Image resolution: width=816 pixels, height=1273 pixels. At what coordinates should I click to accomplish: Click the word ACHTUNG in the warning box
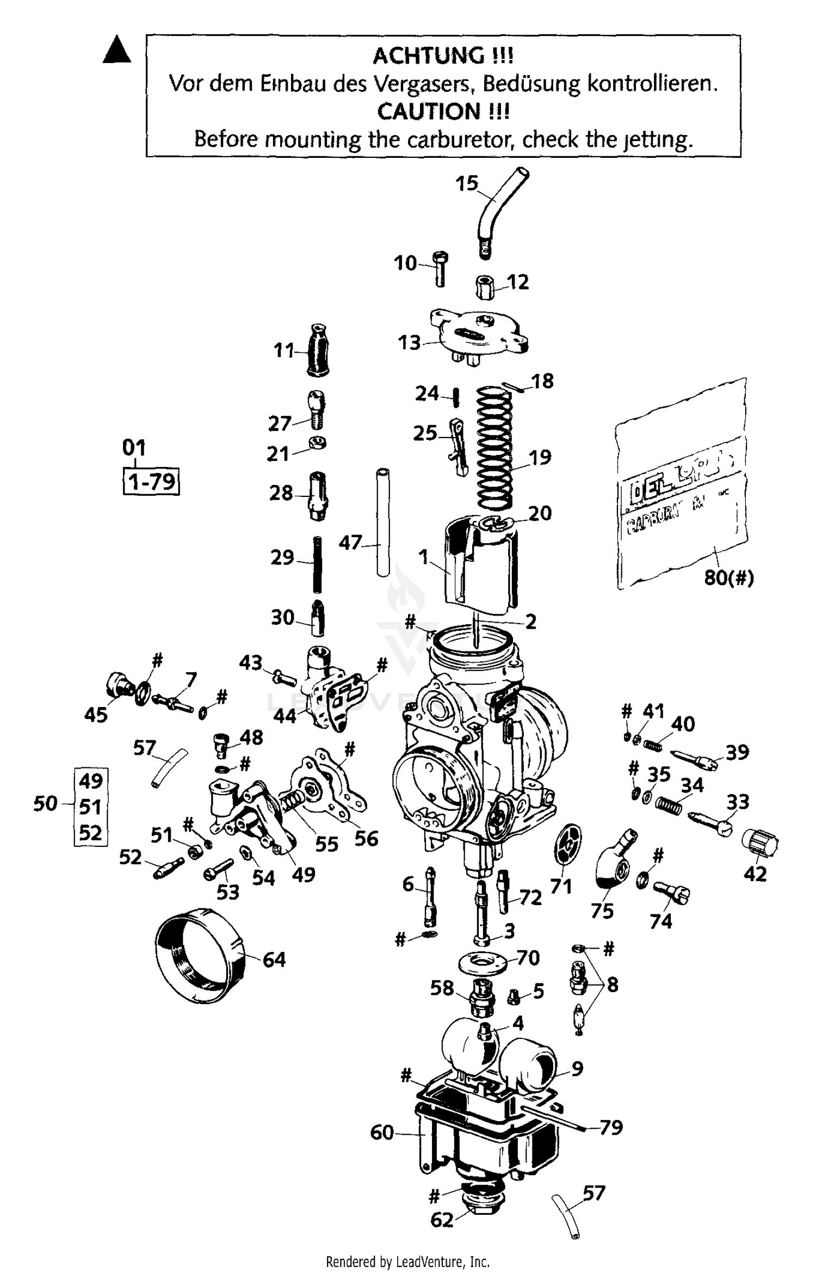[x=443, y=56]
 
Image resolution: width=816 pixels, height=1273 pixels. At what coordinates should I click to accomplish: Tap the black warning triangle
[x=117, y=50]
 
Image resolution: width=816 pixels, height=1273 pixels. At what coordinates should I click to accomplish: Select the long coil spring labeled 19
[x=495, y=446]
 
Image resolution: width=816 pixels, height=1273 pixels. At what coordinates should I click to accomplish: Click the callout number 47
[x=350, y=542]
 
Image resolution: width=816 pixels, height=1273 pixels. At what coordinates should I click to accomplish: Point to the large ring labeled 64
[x=199, y=955]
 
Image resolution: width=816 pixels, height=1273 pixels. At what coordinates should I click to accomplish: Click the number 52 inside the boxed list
[x=90, y=833]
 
